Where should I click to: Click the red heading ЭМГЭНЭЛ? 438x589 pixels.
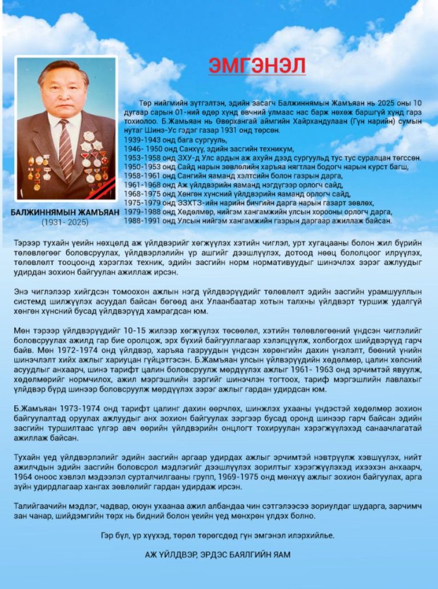257,65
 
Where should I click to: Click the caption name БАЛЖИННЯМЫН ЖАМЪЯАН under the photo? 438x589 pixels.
65,212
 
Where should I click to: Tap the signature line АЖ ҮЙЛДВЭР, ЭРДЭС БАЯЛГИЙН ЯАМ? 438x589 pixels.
219,554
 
